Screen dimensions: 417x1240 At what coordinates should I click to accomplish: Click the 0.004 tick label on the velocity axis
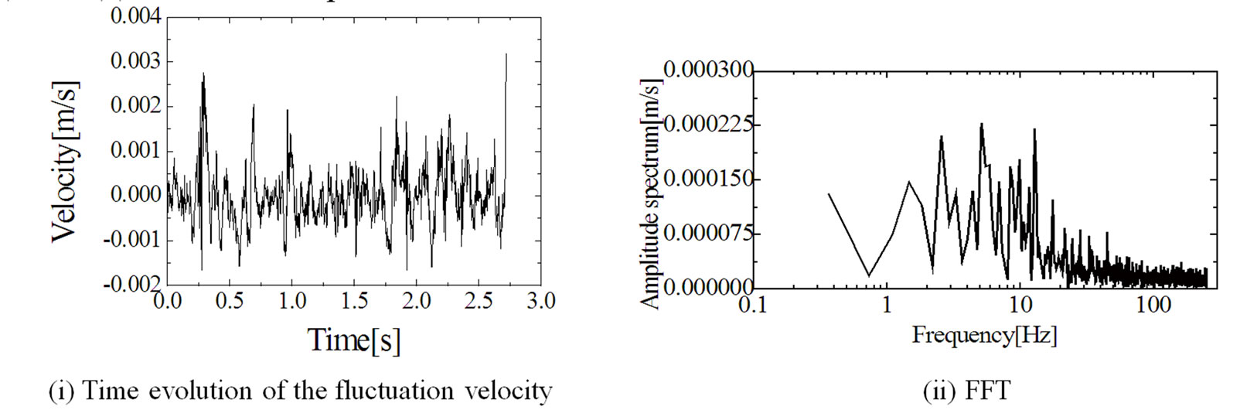(x=136, y=16)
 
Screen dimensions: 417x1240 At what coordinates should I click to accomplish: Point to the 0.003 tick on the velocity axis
(x=136, y=61)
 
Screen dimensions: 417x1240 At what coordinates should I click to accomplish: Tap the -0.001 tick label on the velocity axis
(x=133, y=240)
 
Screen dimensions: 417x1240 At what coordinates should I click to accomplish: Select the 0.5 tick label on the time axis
(x=230, y=301)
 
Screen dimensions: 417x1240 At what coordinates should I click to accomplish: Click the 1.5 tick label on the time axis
(x=354, y=301)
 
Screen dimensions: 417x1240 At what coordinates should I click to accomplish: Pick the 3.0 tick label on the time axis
(x=540, y=301)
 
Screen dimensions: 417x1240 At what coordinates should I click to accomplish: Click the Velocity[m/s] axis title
(x=65, y=161)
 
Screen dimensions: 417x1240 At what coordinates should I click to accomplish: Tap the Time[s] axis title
(x=354, y=340)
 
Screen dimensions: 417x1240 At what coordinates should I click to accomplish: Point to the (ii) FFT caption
(x=966, y=391)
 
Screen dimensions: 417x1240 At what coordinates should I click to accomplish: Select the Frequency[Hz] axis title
(x=984, y=335)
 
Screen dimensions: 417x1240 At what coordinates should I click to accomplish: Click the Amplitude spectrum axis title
(x=651, y=193)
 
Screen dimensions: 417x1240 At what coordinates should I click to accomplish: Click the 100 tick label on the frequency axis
(x=1153, y=304)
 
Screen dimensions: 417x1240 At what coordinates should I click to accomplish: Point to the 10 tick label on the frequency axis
(x=1020, y=304)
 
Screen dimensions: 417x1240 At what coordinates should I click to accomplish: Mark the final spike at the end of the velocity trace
(x=506, y=56)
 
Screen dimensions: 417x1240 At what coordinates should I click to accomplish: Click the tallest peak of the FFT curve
(x=981, y=124)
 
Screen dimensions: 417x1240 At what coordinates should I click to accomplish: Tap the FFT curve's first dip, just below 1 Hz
(x=869, y=275)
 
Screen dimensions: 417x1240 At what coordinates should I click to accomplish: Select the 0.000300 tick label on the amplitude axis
(x=708, y=70)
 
